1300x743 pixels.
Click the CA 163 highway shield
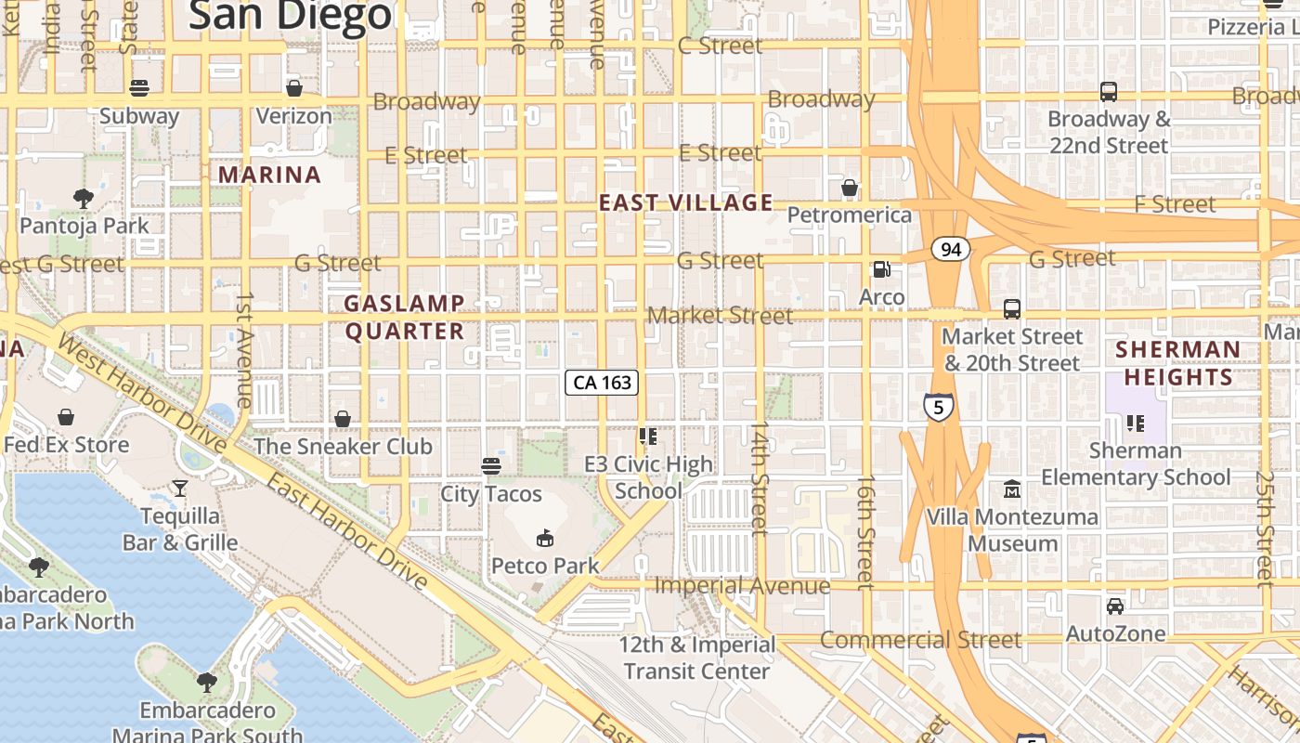point(602,382)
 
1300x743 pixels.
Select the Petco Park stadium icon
point(545,538)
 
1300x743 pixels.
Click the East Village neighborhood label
point(685,202)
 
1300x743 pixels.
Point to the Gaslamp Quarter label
point(404,318)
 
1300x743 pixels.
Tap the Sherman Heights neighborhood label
point(1177,363)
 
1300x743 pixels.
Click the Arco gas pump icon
point(881,269)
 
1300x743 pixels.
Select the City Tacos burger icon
point(491,465)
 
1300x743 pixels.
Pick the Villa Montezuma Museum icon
point(1011,489)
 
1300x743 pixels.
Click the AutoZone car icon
point(1115,606)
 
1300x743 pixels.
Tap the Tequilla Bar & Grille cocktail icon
point(179,488)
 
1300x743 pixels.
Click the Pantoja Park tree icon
point(84,198)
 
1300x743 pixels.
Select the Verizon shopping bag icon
point(293,88)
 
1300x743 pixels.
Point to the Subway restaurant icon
point(139,88)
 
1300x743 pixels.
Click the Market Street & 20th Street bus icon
point(1011,308)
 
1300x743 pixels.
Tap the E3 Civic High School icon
point(648,436)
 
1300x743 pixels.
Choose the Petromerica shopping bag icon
point(849,189)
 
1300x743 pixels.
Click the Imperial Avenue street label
point(742,586)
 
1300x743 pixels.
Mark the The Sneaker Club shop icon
point(343,419)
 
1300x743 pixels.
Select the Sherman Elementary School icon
point(1135,424)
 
